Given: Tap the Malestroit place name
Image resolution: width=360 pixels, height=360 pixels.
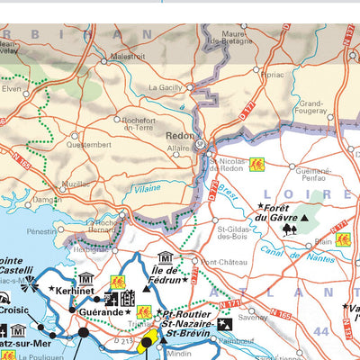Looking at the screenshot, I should [127, 55].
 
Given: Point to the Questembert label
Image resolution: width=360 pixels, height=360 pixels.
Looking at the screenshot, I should [89, 143].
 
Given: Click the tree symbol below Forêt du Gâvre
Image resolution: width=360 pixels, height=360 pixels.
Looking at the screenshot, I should [289, 229].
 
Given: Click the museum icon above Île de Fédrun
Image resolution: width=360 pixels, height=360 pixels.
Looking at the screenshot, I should [166, 257].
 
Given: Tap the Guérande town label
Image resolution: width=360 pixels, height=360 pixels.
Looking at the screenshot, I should [101, 312].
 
